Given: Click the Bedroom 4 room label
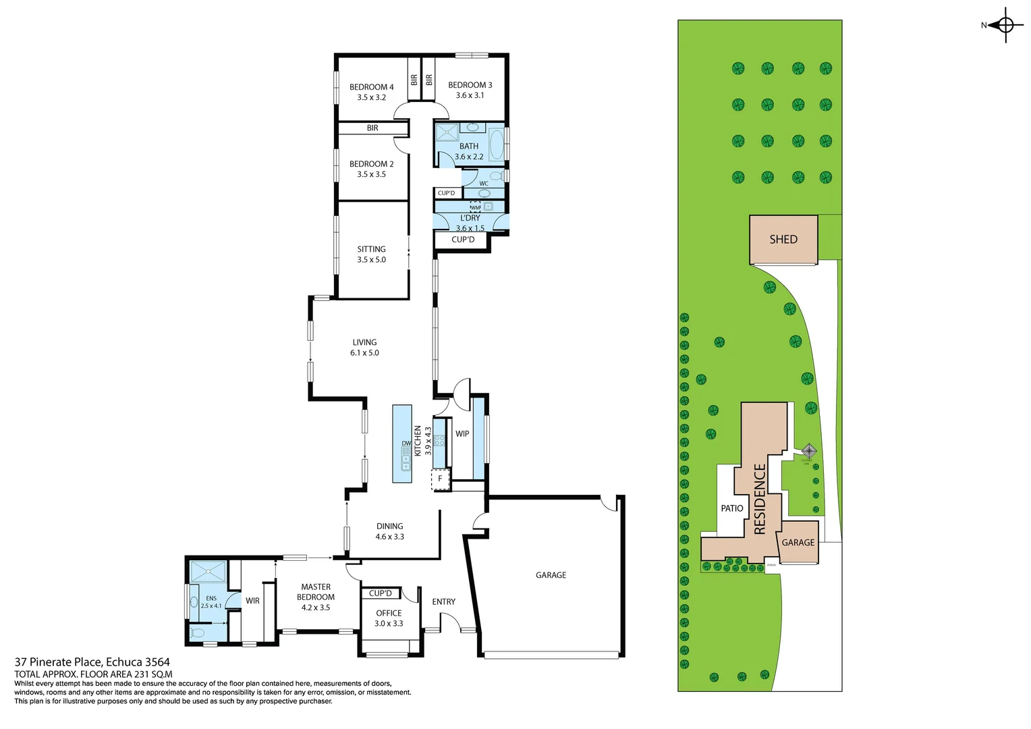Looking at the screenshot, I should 371,87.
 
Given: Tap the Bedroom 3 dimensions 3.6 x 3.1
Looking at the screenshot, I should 470,95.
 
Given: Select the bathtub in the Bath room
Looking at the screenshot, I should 496,144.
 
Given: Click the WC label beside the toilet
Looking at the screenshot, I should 484,184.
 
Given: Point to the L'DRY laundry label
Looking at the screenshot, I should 470,218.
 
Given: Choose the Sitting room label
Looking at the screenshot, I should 371,249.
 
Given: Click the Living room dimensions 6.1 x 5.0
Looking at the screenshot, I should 364,353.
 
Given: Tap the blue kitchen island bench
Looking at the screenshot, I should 402,443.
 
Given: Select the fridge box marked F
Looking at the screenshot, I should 440,479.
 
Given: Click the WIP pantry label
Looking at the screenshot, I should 462,434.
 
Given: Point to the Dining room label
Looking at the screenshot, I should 389,526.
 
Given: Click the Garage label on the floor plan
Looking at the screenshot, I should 551,575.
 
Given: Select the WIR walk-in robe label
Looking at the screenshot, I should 252,601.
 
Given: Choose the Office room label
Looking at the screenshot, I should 389,614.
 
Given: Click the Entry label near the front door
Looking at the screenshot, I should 443,602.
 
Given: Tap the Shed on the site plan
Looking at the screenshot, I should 783,240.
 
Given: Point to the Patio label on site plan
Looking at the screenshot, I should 731,508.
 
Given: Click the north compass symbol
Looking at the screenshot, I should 1005,26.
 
